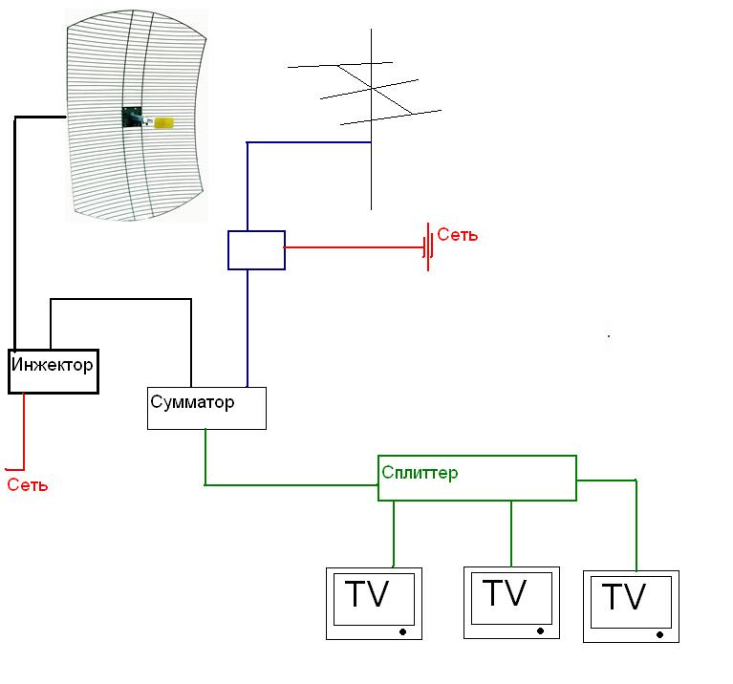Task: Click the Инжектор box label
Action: coord(53,364)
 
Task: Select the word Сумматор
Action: coord(192,401)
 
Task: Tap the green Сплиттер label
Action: coord(420,472)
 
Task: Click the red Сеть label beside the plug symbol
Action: coord(458,235)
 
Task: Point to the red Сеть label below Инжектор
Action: coord(27,485)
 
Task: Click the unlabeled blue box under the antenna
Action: coord(256,250)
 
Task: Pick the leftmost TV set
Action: coord(373,604)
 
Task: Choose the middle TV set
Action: coord(510,602)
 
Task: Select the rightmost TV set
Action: coord(630,607)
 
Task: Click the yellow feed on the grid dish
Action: coord(163,123)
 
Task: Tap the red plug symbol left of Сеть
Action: coord(428,247)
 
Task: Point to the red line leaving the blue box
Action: coord(354,247)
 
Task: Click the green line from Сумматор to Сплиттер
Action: coord(287,485)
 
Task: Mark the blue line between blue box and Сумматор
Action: coord(248,325)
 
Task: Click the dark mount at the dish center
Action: coord(132,118)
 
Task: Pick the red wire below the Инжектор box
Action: coord(24,430)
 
